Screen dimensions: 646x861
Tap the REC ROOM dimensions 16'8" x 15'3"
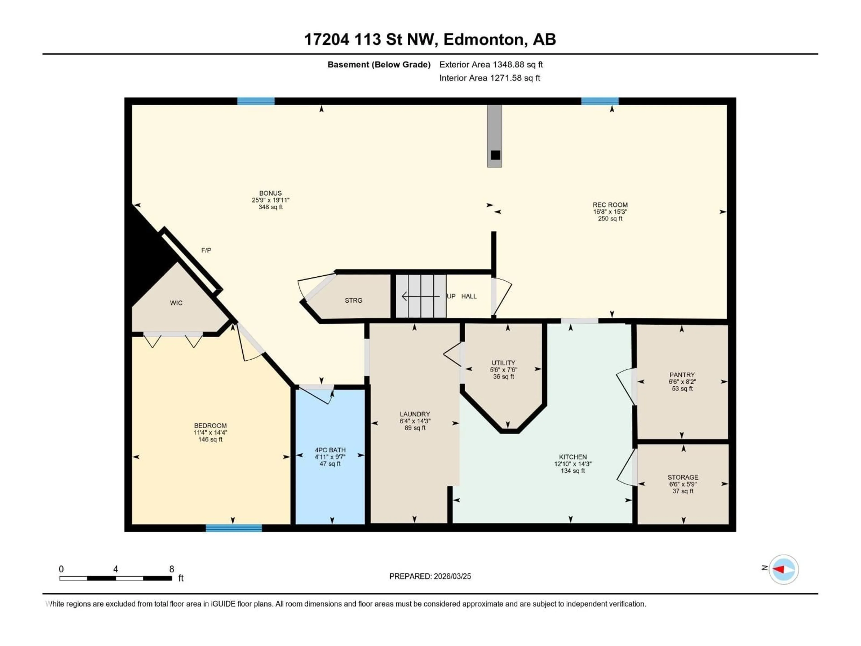tap(610, 212)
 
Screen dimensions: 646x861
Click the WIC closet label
tap(176, 303)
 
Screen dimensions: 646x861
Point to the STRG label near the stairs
tap(353, 300)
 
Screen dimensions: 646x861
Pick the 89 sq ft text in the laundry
tap(415, 428)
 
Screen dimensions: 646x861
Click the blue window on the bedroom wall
tap(234, 528)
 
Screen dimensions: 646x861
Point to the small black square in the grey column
tap(495, 155)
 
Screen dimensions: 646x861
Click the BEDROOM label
tap(210, 426)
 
